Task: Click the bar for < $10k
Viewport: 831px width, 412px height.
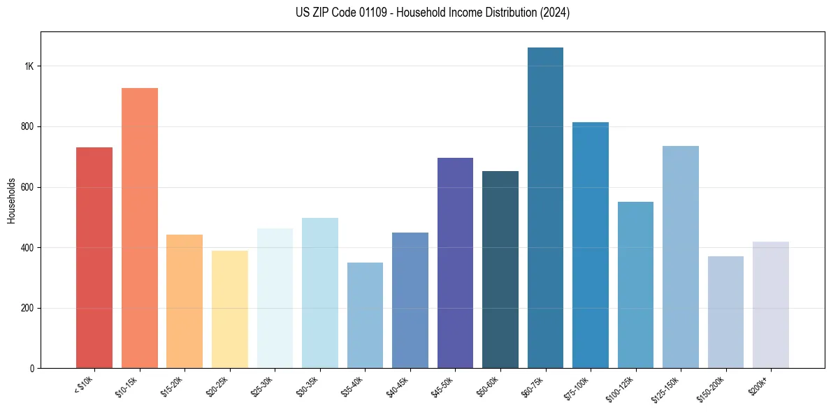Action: pos(94,258)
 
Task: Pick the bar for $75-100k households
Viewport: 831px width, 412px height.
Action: pos(591,245)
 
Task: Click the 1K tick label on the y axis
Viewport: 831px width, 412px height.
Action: pos(29,66)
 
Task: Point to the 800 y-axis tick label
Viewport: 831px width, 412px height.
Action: pos(27,127)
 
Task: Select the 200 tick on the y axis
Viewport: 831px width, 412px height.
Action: pos(27,308)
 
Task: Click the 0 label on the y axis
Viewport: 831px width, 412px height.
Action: pos(32,369)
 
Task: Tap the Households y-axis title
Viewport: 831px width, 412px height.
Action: pos(12,200)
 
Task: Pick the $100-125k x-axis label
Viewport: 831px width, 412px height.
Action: pos(629,386)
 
